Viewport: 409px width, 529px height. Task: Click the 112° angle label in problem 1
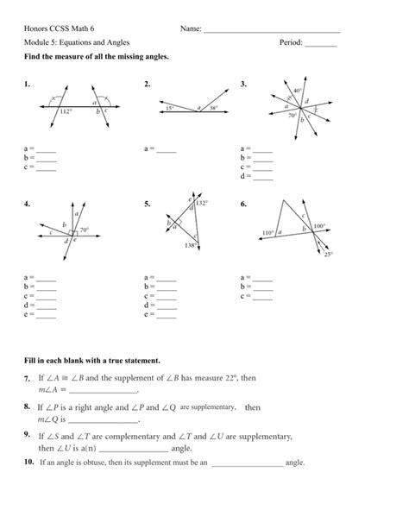click(66, 112)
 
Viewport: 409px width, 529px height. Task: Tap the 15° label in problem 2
click(171, 108)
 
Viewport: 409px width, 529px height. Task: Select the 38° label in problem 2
click(213, 108)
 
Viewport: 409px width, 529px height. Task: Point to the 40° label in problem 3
click(296, 91)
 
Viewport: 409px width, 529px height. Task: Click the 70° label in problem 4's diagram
click(85, 230)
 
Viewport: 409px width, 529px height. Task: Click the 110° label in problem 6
click(268, 232)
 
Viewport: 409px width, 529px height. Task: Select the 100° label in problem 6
click(318, 226)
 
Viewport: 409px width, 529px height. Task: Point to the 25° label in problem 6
click(328, 254)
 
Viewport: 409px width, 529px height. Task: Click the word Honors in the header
click(37, 29)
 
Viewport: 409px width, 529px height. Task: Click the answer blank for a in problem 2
click(167, 152)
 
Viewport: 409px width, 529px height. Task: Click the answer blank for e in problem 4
click(47, 316)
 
